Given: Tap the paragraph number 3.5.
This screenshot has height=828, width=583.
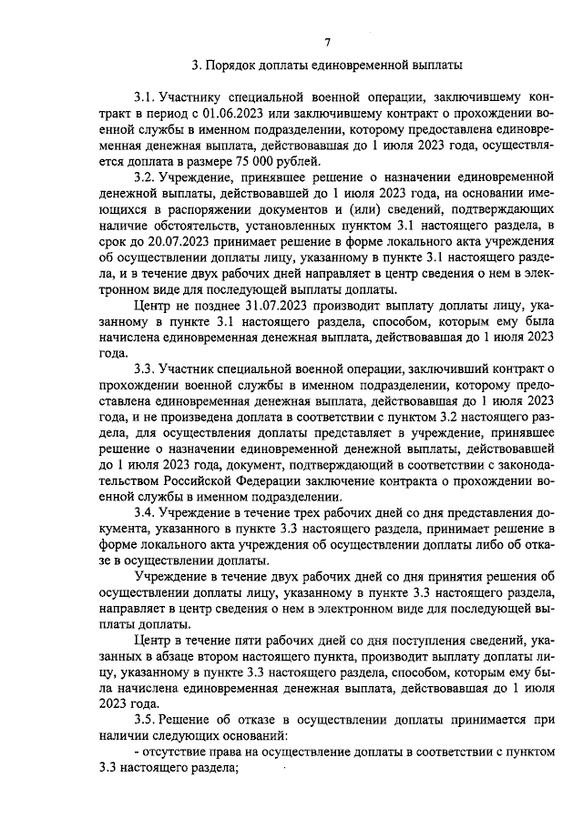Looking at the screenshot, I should (x=144, y=720).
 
